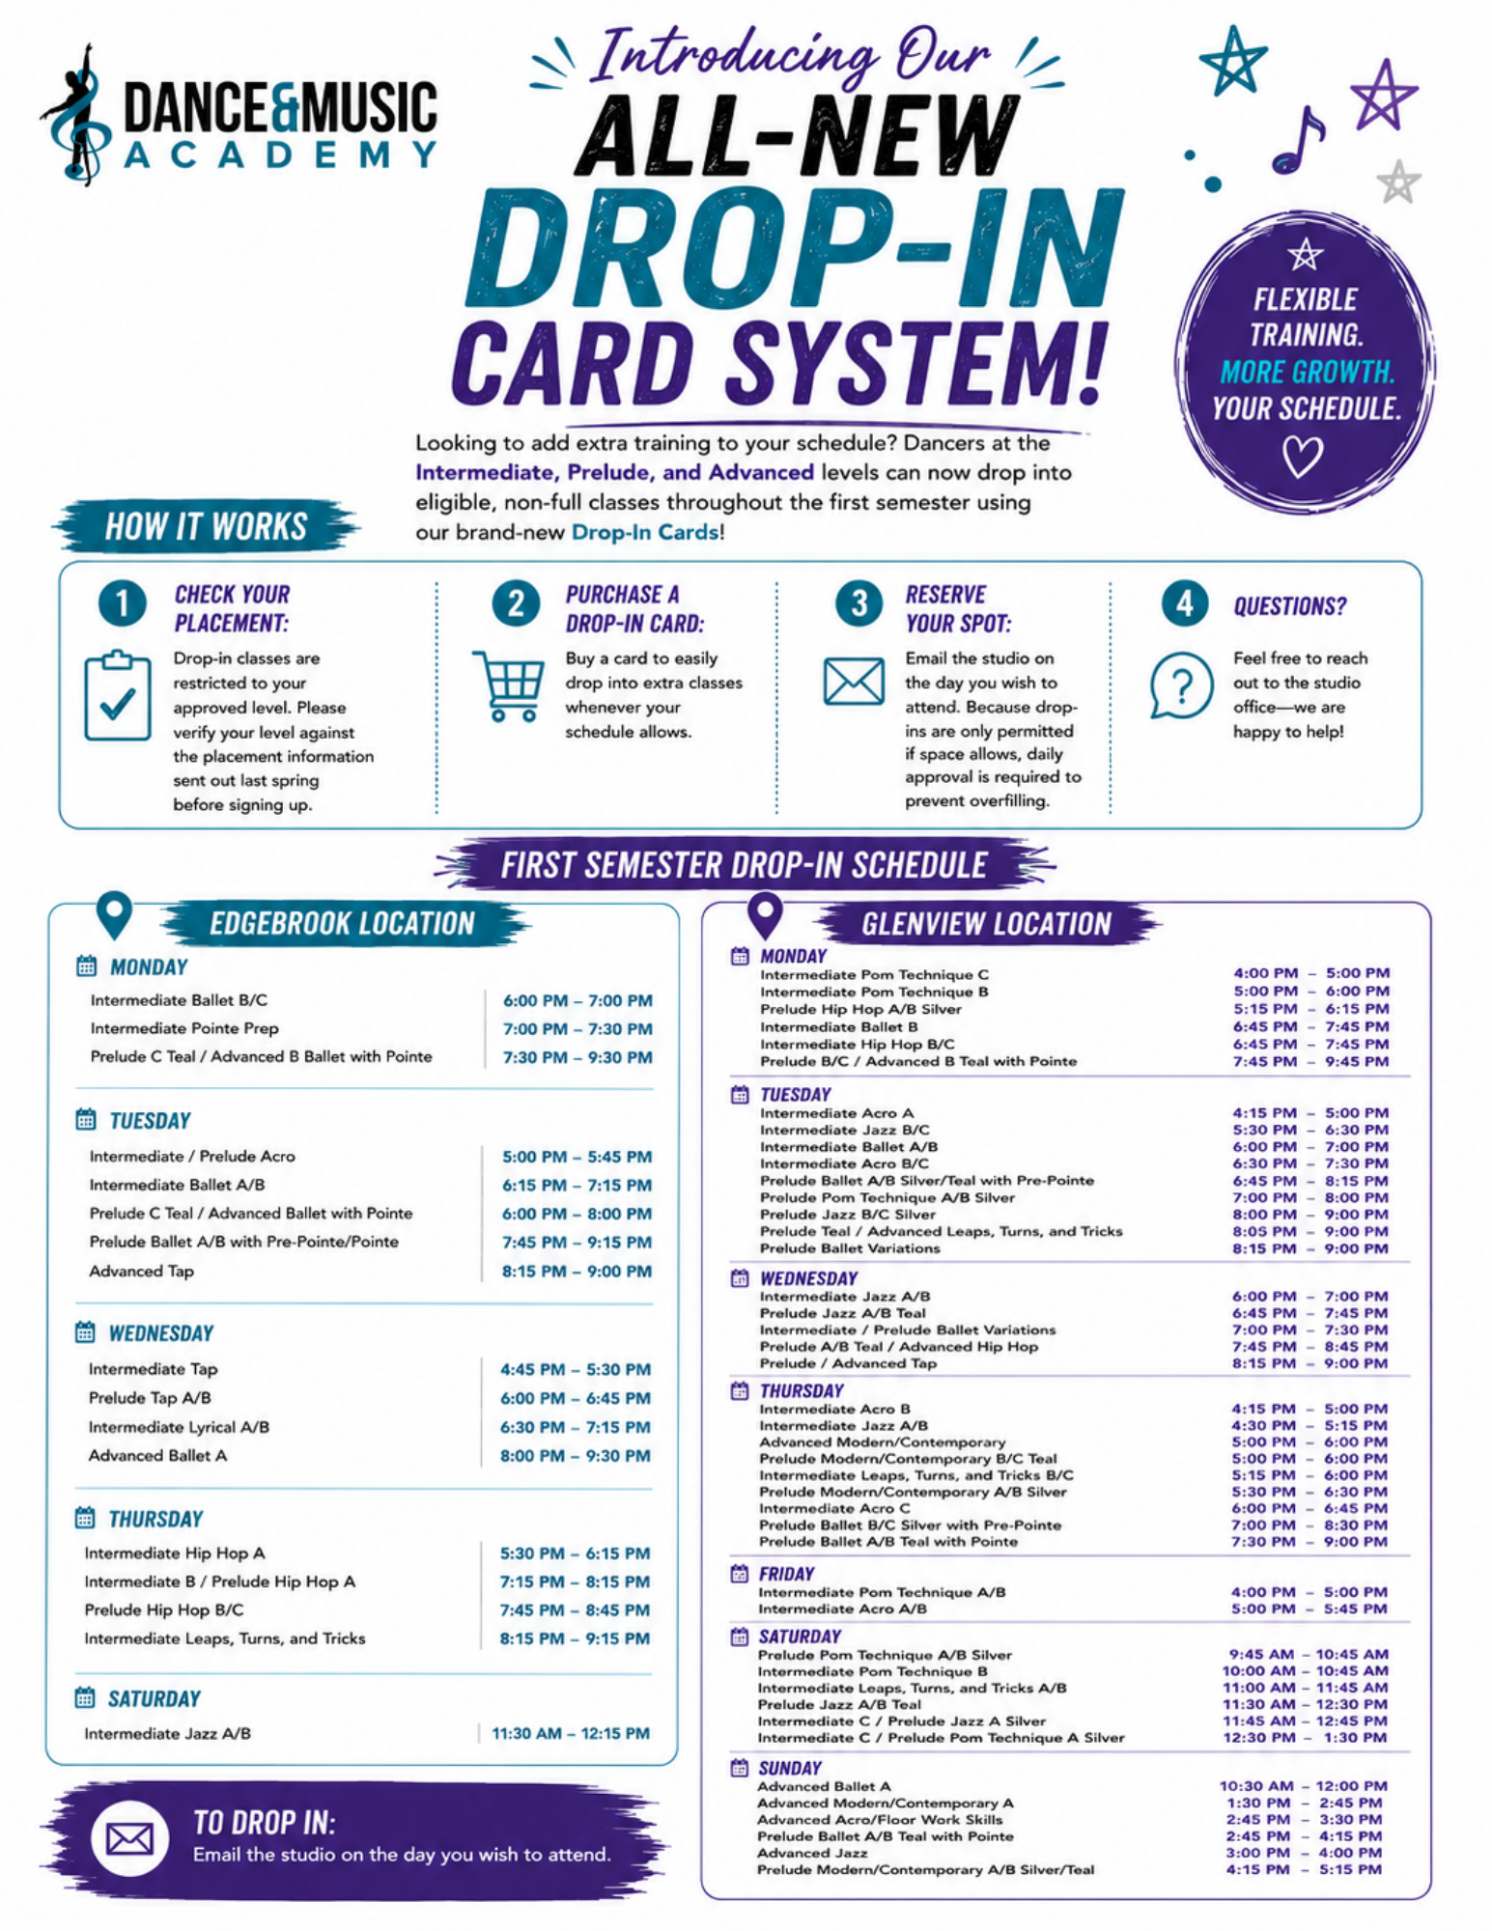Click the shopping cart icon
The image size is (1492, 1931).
coord(507,686)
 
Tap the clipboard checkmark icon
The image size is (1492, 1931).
coord(117,696)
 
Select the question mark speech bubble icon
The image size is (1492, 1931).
coord(1181,686)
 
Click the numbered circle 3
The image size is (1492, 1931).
coord(859,603)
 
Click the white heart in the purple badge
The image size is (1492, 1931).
coord(1302,456)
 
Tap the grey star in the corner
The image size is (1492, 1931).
coord(1398,182)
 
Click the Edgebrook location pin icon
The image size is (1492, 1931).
coord(114,913)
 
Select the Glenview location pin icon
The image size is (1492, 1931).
coord(765,913)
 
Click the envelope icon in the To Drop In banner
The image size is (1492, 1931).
coord(129,1839)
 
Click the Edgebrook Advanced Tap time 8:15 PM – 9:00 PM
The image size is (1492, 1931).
coord(577,1272)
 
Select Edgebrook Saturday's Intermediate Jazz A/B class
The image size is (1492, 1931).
coord(167,1734)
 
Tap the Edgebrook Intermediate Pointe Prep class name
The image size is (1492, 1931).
coord(184,1029)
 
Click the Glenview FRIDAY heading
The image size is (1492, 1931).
coord(786,1574)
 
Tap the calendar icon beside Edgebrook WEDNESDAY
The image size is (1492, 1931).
coord(85,1332)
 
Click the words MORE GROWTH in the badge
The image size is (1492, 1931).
coord(1307,372)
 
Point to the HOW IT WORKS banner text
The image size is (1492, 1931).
coord(206,527)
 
